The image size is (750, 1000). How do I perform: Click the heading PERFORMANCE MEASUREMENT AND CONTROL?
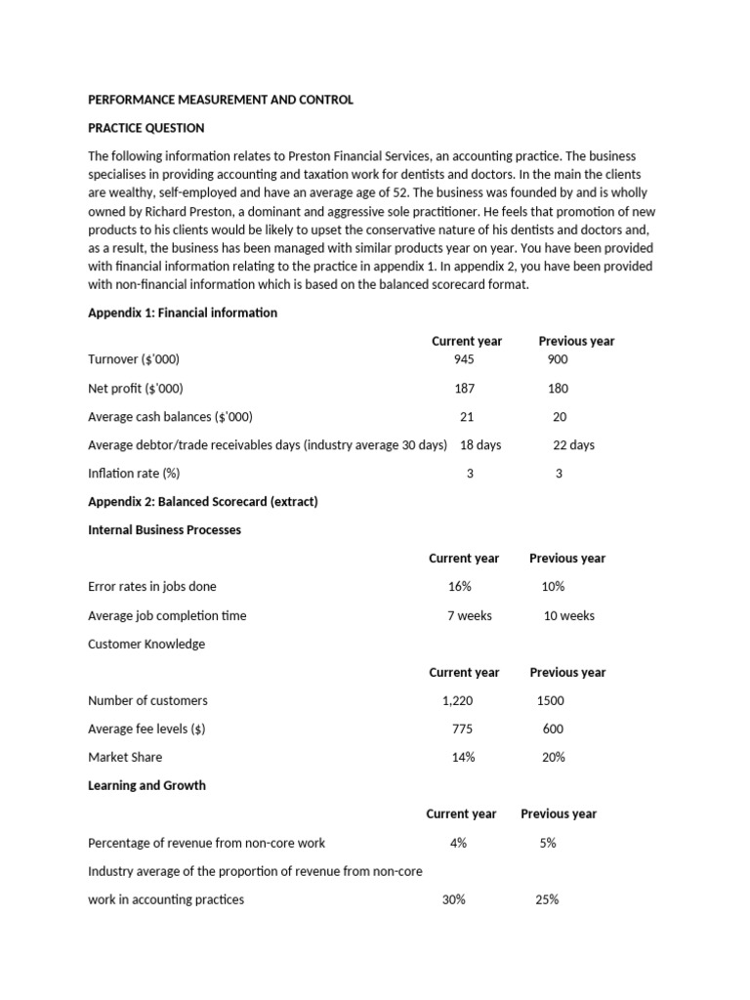click(221, 100)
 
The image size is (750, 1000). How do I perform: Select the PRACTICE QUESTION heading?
click(146, 128)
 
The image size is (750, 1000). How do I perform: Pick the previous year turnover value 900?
click(558, 359)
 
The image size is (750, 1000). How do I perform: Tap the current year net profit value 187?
click(466, 388)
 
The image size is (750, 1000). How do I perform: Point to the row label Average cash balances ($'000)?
click(170, 416)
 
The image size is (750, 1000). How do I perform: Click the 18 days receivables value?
click(480, 444)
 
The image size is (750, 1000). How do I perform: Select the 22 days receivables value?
click(573, 444)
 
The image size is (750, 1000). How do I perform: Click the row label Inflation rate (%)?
click(134, 474)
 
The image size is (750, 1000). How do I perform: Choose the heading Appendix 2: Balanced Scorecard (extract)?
click(203, 502)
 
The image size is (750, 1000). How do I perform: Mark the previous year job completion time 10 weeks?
click(569, 615)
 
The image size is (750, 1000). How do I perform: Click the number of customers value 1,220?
click(459, 700)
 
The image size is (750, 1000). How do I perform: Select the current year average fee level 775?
click(463, 729)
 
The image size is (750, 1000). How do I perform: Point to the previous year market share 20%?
click(553, 757)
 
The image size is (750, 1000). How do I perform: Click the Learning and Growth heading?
click(146, 785)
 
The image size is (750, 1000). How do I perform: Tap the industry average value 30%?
click(453, 899)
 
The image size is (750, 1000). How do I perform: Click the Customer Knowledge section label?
click(146, 644)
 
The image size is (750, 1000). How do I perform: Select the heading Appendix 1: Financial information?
click(183, 312)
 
